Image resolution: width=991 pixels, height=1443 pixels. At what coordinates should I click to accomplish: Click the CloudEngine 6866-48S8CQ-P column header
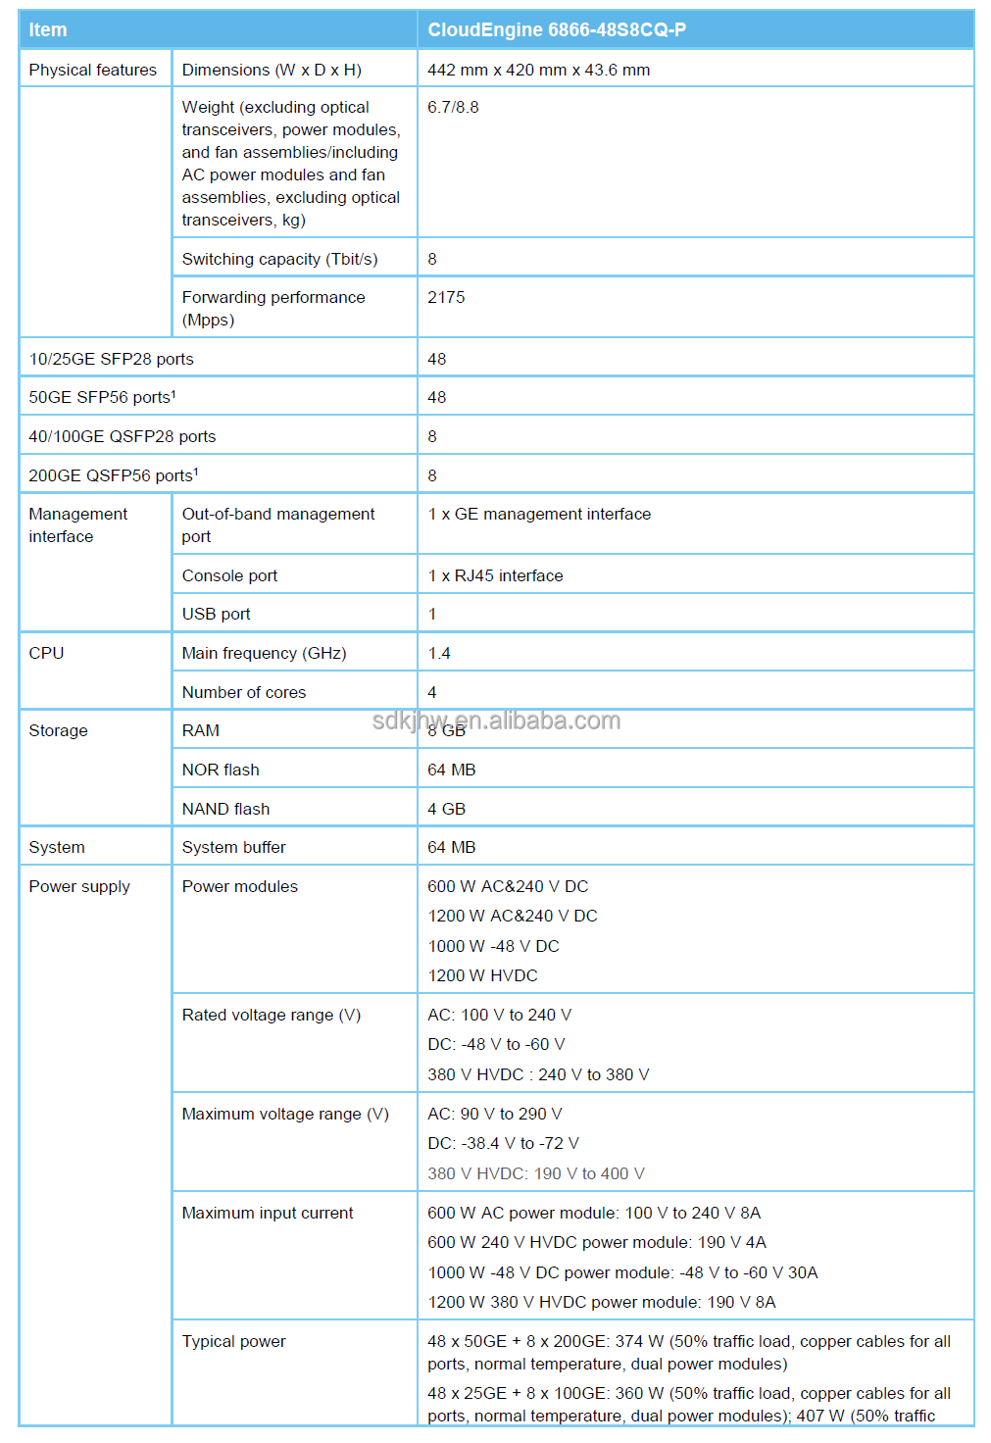point(556,30)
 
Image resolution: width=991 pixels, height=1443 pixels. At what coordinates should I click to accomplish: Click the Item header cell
point(48,30)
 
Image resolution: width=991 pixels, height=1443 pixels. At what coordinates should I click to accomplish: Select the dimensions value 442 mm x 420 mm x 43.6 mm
point(538,70)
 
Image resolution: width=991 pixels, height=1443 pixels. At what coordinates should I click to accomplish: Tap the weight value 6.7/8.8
point(453,107)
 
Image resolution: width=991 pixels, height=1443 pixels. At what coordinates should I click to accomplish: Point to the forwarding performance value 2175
point(446,297)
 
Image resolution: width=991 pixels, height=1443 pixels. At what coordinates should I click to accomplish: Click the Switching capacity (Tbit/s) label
point(279,259)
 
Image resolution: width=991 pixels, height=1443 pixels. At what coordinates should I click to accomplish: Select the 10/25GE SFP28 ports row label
point(111,359)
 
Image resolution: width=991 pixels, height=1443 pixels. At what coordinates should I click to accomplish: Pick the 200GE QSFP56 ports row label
point(113,475)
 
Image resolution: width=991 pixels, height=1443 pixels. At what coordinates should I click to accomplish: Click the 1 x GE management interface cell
point(538,514)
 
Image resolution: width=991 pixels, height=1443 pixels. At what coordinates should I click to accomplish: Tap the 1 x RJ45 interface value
point(495,575)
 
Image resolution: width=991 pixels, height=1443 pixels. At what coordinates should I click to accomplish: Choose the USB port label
point(216,614)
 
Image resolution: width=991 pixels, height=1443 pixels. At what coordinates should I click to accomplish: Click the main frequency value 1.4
point(438,653)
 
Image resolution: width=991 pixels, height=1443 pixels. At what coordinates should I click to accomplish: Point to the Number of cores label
point(243,692)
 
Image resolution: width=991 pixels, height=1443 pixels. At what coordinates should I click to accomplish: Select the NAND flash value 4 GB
point(446,809)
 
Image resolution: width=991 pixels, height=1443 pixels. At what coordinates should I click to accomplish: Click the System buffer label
point(233,847)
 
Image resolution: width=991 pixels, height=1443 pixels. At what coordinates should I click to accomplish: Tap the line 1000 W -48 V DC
point(493,946)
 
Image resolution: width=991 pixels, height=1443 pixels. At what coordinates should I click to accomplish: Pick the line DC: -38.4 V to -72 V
point(503,1143)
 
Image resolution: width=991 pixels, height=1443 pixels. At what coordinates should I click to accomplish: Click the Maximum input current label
point(268,1213)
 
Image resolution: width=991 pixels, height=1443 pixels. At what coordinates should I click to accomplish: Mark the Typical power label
point(233,1341)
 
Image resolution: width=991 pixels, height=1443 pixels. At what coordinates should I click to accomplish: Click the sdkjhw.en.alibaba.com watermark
point(496,721)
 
